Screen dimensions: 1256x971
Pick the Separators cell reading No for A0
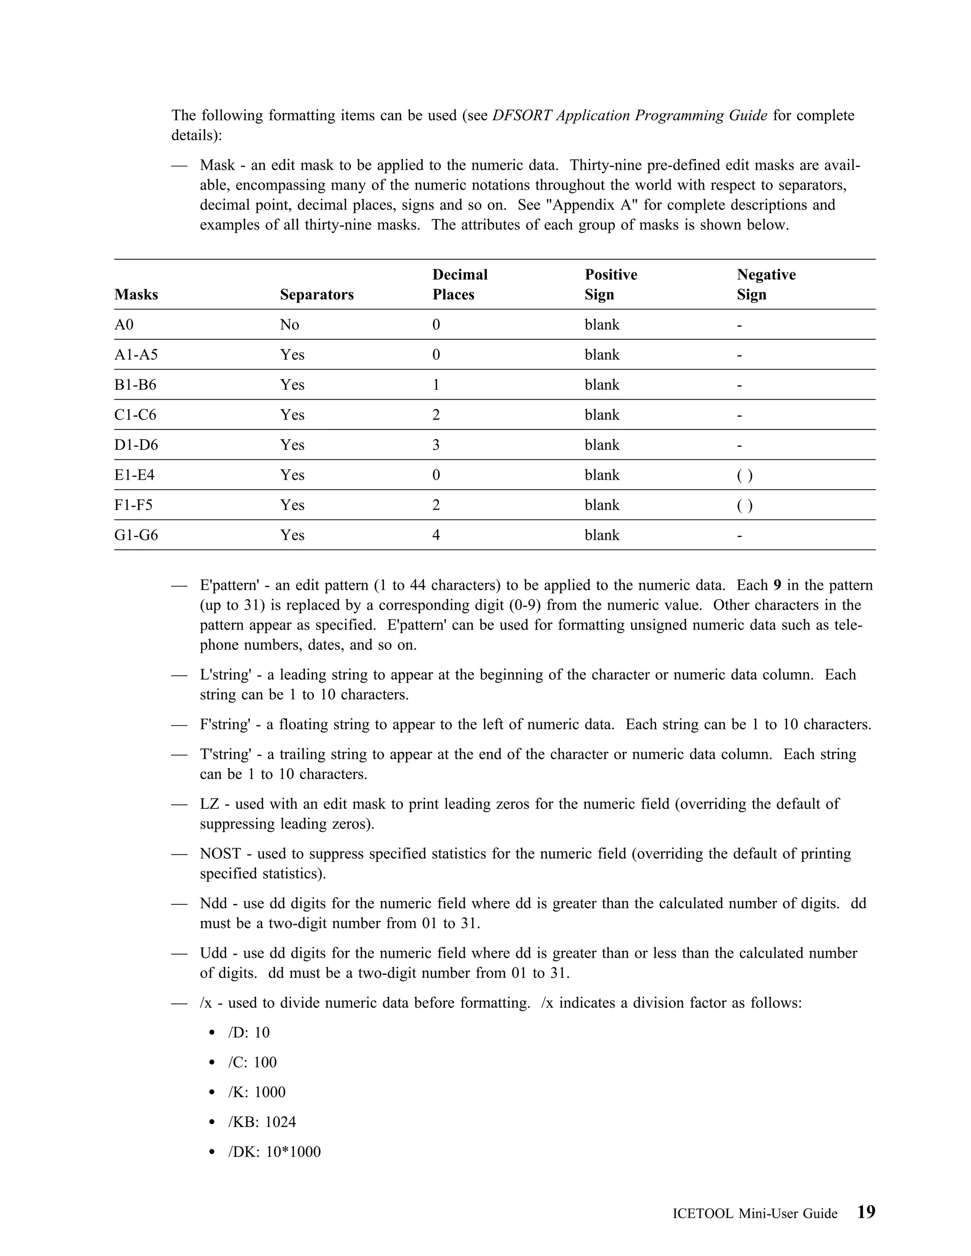289,325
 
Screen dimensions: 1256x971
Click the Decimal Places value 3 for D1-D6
436,445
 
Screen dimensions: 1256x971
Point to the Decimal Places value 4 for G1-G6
436,536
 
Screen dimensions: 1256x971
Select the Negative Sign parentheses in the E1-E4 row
744,475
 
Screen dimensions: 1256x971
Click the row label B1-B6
135,385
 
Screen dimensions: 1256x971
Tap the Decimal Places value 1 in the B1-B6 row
436,385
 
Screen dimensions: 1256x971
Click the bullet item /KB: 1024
262,1122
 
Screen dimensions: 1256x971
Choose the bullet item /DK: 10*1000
275,1152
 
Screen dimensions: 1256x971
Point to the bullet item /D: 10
248,1032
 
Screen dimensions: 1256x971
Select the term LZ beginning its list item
210,804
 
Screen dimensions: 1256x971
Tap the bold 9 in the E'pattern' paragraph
777,585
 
